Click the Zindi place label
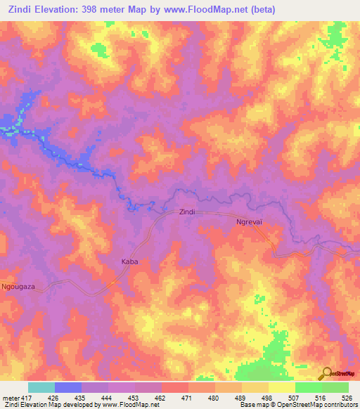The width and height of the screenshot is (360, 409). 186,212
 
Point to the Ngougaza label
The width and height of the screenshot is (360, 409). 19,287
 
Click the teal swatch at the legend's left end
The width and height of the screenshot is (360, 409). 41,387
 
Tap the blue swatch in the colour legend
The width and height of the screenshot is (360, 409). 68,387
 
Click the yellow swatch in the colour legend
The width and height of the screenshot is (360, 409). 282,387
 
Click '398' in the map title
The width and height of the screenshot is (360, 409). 99,10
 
